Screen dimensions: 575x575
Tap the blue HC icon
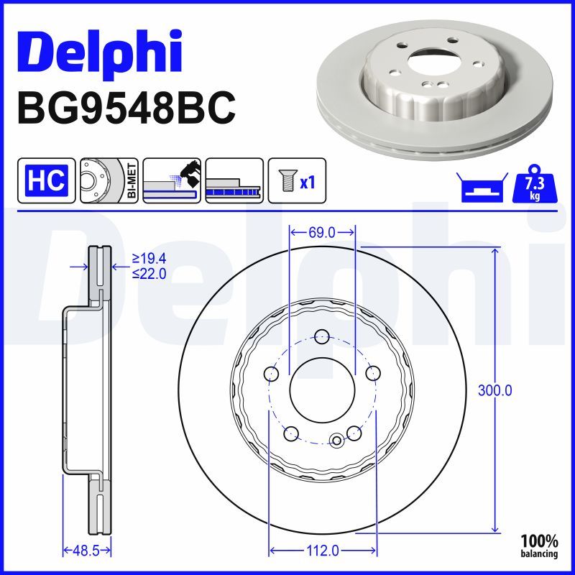click(x=47, y=180)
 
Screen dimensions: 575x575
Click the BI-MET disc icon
click(x=108, y=180)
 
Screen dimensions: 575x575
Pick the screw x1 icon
click(x=296, y=180)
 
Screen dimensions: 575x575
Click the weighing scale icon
click(x=478, y=188)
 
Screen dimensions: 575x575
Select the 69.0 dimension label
click(x=322, y=231)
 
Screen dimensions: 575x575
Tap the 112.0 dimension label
click(x=322, y=551)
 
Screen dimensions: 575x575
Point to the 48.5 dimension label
click(x=86, y=551)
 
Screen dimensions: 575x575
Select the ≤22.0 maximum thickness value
click(x=149, y=273)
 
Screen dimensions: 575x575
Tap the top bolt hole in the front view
click(x=322, y=336)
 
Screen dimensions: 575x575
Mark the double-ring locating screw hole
click(x=336, y=440)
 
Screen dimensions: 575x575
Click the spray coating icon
click(x=171, y=180)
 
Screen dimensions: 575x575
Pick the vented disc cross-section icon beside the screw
click(x=234, y=180)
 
